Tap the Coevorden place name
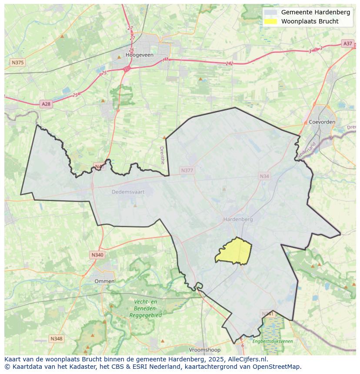click(322, 122)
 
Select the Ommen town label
click(104, 281)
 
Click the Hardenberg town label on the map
click(238, 219)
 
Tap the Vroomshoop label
click(204, 350)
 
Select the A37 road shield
click(347, 43)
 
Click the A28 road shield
click(46, 104)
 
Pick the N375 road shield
click(17, 63)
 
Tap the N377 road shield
click(187, 170)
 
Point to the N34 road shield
click(264, 176)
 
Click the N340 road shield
click(97, 255)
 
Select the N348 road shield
click(56, 338)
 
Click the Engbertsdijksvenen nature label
click(273, 341)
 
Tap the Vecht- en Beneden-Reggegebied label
click(146, 308)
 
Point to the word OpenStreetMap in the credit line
click(279, 367)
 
